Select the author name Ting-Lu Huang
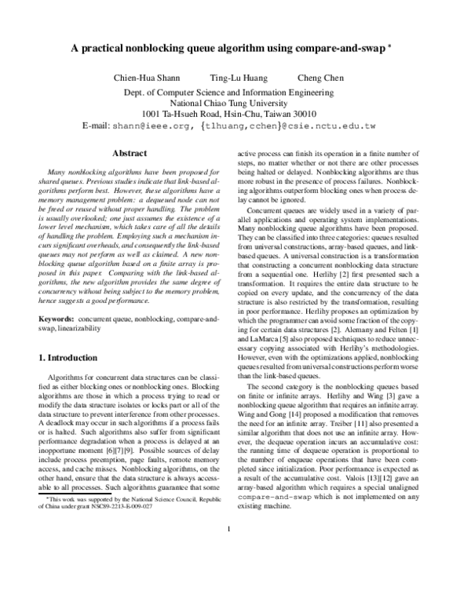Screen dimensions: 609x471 click(x=238, y=78)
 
